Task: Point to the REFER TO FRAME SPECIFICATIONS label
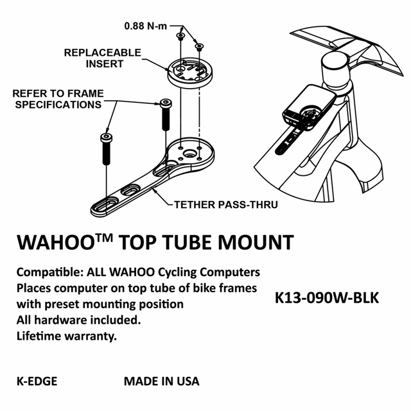coord(58,99)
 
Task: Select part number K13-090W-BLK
coord(326,299)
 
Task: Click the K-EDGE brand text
coord(37,381)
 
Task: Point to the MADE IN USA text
coord(162,381)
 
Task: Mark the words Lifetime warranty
coord(67,336)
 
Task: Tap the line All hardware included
coord(78,319)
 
